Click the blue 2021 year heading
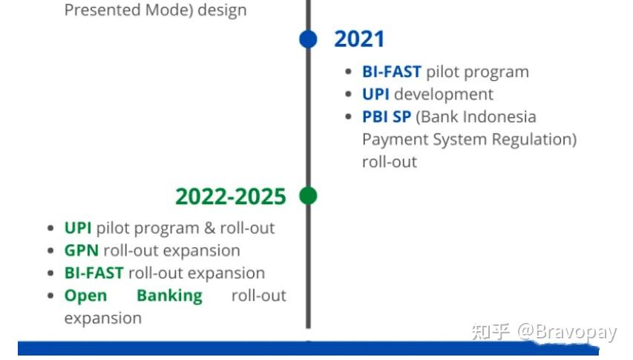[x=359, y=39]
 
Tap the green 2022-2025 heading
[x=231, y=197]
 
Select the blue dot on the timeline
[x=308, y=39]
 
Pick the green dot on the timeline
[x=308, y=196]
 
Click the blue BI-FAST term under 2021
[x=392, y=72]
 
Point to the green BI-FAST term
[x=94, y=273]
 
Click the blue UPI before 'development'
[x=375, y=94]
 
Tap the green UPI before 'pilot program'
[x=77, y=228]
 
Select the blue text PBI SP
[x=387, y=117]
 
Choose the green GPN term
[x=81, y=251]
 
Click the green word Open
[x=85, y=296]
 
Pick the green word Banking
[x=169, y=296]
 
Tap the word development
[x=443, y=94]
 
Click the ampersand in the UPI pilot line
[x=209, y=228]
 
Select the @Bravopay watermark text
[x=567, y=332]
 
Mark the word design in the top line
[x=222, y=10]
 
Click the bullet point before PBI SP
[x=349, y=117]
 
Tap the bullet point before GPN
[x=50, y=251]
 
